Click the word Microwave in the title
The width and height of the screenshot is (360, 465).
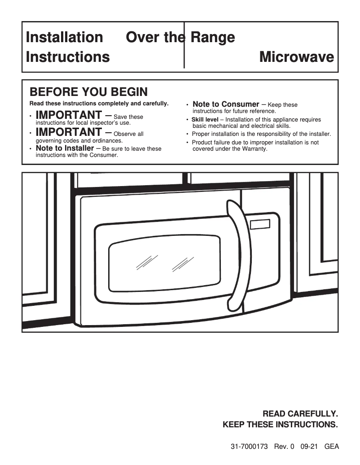pos(296,57)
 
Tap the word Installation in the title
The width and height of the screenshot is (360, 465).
pos(64,37)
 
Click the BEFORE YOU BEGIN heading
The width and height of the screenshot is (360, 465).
pos(88,92)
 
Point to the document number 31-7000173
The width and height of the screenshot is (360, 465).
pos(249,447)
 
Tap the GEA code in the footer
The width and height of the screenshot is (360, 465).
pos(331,447)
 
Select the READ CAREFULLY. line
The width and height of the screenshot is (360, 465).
pos(300,413)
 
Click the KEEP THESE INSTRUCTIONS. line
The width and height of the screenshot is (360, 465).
pos(280,424)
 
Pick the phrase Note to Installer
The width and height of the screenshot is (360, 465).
pos(65,148)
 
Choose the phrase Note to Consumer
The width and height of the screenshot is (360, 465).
pos(226,104)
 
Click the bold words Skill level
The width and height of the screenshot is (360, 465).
pos(205,120)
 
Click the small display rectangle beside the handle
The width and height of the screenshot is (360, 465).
pos(260,225)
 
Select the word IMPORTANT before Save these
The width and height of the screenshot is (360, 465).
pos(68,115)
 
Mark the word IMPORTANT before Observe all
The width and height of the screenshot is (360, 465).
pos(68,132)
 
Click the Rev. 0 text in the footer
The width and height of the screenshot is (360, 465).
pos(282,447)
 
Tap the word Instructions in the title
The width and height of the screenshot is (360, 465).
pos(68,57)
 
